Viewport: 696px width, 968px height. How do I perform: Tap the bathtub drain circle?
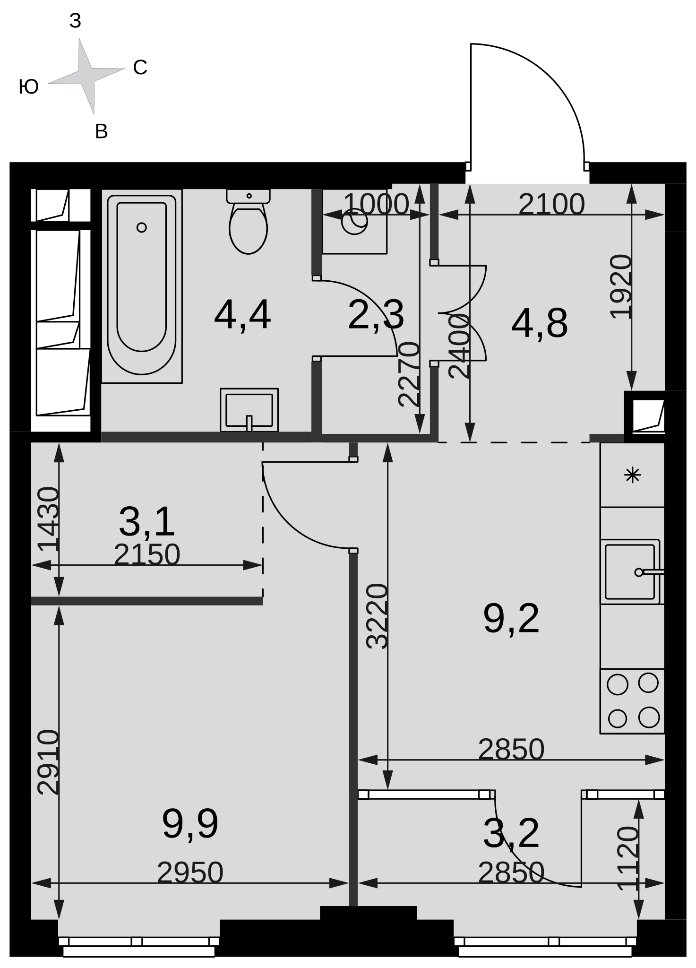pyautogui.click(x=141, y=227)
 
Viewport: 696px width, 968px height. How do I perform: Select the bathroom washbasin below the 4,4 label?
pyautogui.click(x=249, y=410)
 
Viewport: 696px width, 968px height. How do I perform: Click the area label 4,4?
pyautogui.click(x=242, y=315)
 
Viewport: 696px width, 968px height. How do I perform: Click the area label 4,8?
pyautogui.click(x=539, y=324)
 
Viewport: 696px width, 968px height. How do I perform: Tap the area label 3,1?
pyautogui.click(x=146, y=522)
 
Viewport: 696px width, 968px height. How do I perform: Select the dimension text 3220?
pyautogui.click(x=378, y=616)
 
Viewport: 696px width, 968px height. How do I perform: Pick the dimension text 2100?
pyautogui.click(x=551, y=205)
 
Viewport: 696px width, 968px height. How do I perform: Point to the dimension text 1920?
pyautogui.click(x=621, y=286)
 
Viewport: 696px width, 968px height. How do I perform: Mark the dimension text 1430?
pyautogui.click(x=49, y=519)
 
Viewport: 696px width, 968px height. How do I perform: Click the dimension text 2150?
pyautogui.click(x=147, y=554)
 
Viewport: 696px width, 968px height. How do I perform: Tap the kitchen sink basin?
pyautogui.click(x=630, y=572)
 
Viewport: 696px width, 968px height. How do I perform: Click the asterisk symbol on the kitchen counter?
pyautogui.click(x=632, y=475)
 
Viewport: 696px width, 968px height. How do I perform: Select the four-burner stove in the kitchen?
pyautogui.click(x=632, y=701)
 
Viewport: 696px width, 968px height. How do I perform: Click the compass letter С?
pyautogui.click(x=140, y=68)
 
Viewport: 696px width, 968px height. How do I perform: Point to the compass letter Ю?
pyautogui.click(x=29, y=87)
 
